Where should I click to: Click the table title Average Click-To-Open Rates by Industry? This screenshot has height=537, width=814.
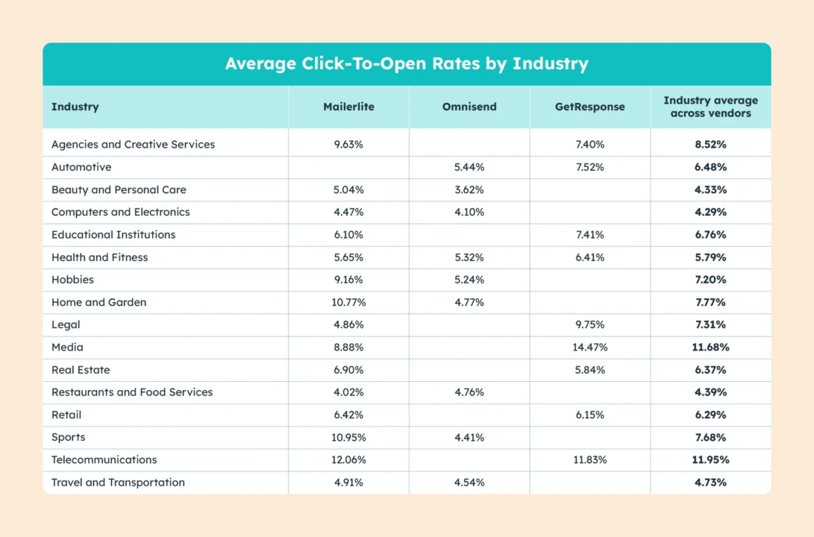coord(407,64)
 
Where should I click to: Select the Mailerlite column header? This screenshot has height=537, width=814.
coord(348,107)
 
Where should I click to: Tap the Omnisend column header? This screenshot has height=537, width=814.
coord(469,107)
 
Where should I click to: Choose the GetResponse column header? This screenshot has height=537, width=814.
coord(589,107)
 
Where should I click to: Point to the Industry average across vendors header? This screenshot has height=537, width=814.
coord(710,107)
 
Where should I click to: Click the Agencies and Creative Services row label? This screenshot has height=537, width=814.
coord(133,145)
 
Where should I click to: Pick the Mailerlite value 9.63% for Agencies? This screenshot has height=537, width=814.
coord(348,145)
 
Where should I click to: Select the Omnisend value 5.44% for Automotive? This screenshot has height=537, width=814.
coord(469,167)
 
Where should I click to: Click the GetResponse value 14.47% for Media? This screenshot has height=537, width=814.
coord(589,348)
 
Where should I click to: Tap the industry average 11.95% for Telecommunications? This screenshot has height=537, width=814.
coord(710,460)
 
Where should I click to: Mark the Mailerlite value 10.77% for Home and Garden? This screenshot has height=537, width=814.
coord(348,302)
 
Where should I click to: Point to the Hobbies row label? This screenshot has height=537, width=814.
coord(72,280)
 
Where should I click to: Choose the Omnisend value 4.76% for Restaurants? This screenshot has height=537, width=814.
coord(469,392)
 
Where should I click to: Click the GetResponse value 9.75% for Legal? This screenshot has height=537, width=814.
coord(589,325)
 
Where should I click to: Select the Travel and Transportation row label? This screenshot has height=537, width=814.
coord(118,483)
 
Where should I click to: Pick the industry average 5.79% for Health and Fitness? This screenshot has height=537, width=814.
coord(710,257)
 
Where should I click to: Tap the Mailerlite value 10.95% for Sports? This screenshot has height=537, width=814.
coord(348,438)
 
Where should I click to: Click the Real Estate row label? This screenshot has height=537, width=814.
coord(81,370)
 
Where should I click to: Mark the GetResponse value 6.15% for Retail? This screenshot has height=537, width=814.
coord(589,415)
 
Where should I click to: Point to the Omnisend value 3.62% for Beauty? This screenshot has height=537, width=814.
coord(469,189)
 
